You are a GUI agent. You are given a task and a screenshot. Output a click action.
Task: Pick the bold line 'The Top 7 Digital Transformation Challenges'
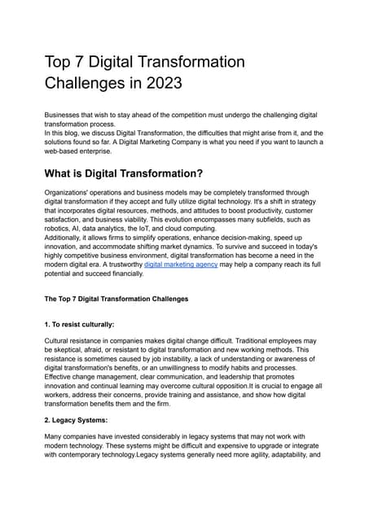pyautogui.click(x=116, y=299)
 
